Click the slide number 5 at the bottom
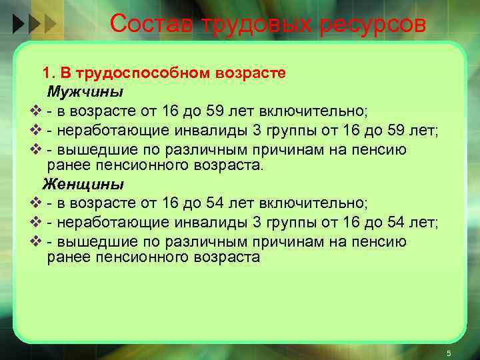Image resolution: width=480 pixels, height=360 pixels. coord(449,353)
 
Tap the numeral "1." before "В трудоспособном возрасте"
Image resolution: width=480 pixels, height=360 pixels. coord(49,73)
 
